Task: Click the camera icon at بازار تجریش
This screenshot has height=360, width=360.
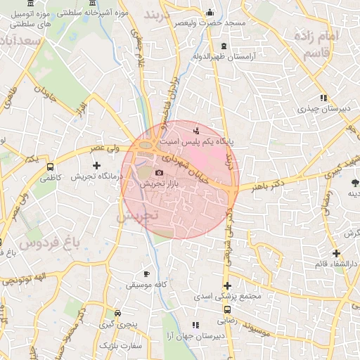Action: pos(159,172)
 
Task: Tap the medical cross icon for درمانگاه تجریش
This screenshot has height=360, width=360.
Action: pos(96,165)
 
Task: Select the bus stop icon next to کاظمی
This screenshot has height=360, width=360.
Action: pos(50,167)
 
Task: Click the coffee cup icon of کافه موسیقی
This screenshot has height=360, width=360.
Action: pos(146,274)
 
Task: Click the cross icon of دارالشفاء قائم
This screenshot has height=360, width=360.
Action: pos(336,253)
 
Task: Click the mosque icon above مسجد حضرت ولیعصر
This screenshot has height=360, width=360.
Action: pos(209,12)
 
